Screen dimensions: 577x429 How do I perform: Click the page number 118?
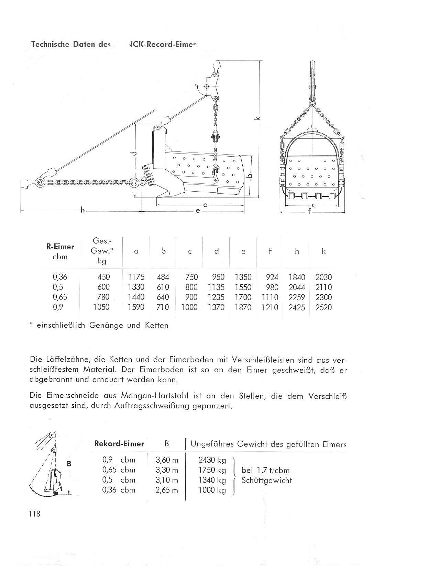tap(34, 514)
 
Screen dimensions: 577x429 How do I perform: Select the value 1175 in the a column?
tap(136, 277)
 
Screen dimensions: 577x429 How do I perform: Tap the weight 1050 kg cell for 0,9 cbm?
tap(101, 307)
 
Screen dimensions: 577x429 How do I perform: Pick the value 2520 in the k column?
tap(323, 307)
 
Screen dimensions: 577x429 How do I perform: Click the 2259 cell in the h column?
tap(297, 297)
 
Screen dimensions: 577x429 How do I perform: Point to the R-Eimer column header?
tap(60, 247)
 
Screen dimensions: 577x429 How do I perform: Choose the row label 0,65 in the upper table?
tap(60, 297)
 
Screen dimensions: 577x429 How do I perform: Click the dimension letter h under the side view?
tap(82, 210)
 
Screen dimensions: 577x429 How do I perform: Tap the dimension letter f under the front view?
tap(309, 212)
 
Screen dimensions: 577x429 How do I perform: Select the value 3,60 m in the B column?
tap(167, 460)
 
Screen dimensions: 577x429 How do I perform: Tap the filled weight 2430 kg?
tap(212, 460)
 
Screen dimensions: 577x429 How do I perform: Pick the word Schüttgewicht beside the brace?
tap(267, 480)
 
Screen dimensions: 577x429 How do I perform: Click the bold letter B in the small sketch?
tap(69, 464)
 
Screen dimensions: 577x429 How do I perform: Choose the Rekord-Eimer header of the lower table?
tap(119, 443)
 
